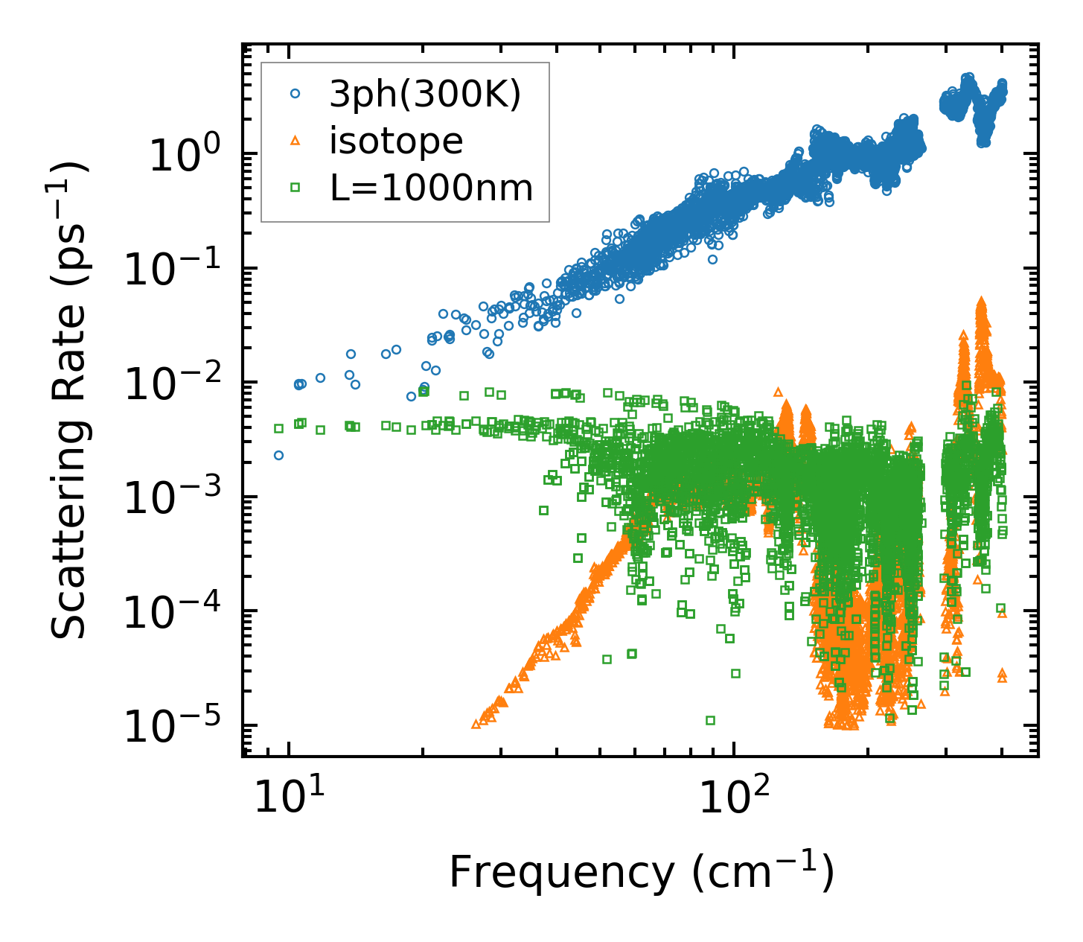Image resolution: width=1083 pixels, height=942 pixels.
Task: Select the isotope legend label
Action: coord(396,141)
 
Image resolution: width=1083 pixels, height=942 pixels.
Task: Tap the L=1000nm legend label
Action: coord(432,188)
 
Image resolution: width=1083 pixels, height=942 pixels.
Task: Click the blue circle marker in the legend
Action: coord(295,95)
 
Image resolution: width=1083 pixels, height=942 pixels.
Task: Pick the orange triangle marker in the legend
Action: coord(295,141)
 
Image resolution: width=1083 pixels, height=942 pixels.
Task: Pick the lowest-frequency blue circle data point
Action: coord(278,455)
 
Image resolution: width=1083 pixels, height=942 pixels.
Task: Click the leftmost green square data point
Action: coord(278,428)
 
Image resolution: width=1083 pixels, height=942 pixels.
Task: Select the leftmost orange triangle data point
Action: coord(476,724)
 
